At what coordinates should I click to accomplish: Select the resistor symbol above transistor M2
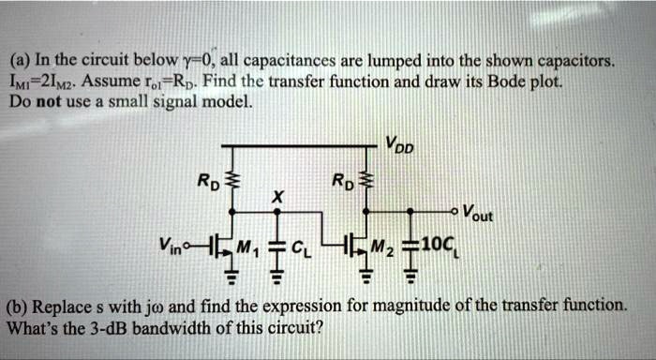point(366,180)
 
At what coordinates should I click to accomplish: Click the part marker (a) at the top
point(23,63)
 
